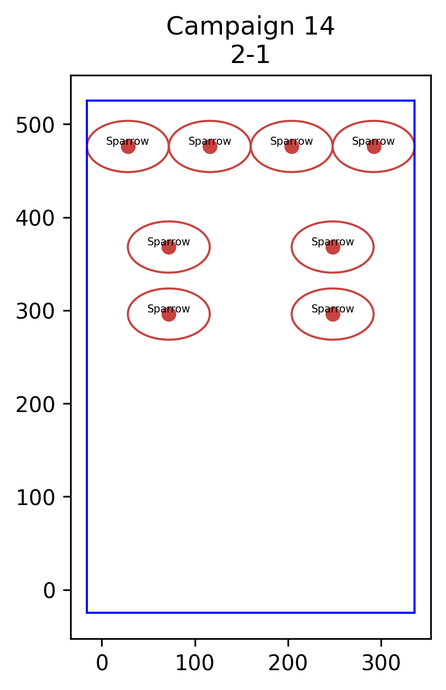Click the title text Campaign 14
[x=250, y=27]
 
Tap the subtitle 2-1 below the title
[x=250, y=55]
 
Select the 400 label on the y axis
[x=35, y=218]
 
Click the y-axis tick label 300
[x=35, y=311]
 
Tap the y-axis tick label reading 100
[x=35, y=498]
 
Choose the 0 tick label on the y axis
[x=49, y=591]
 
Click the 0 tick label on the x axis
[x=102, y=663]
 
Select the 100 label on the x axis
[x=195, y=663]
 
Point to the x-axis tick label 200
[x=288, y=663]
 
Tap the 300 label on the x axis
[x=381, y=663]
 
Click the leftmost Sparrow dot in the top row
[x=128, y=147]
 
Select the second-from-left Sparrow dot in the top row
[x=210, y=147]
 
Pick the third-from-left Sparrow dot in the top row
[x=292, y=147]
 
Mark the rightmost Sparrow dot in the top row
[x=374, y=147]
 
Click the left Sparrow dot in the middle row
[x=169, y=247]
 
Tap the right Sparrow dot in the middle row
[x=333, y=247]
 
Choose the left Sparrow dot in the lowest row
[x=169, y=314]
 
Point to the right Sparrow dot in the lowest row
[x=333, y=314]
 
